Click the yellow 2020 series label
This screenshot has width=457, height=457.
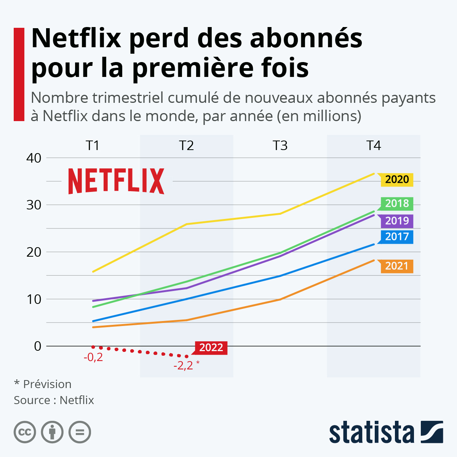(397, 179)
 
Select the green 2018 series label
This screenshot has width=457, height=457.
(397, 203)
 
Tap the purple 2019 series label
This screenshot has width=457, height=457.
(397, 221)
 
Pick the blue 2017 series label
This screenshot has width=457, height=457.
(397, 236)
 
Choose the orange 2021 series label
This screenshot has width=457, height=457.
(397, 266)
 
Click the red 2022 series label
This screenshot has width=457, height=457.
(211, 347)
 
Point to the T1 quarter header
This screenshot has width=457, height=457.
(93, 145)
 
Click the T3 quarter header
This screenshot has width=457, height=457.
(280, 145)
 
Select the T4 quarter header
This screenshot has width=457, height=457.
(374, 145)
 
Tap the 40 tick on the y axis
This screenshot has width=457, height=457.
(34, 158)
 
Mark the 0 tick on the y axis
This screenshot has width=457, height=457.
(37, 346)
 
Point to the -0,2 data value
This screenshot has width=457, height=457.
(93, 358)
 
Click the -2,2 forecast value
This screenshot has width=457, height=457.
(184, 366)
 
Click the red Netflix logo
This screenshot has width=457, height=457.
(116, 181)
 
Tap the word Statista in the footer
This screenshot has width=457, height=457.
(371, 432)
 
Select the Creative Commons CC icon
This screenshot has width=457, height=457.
(25, 432)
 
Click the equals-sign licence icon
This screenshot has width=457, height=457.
(80, 432)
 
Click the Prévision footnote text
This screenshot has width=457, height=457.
(47, 384)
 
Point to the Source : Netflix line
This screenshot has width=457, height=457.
(54, 400)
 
